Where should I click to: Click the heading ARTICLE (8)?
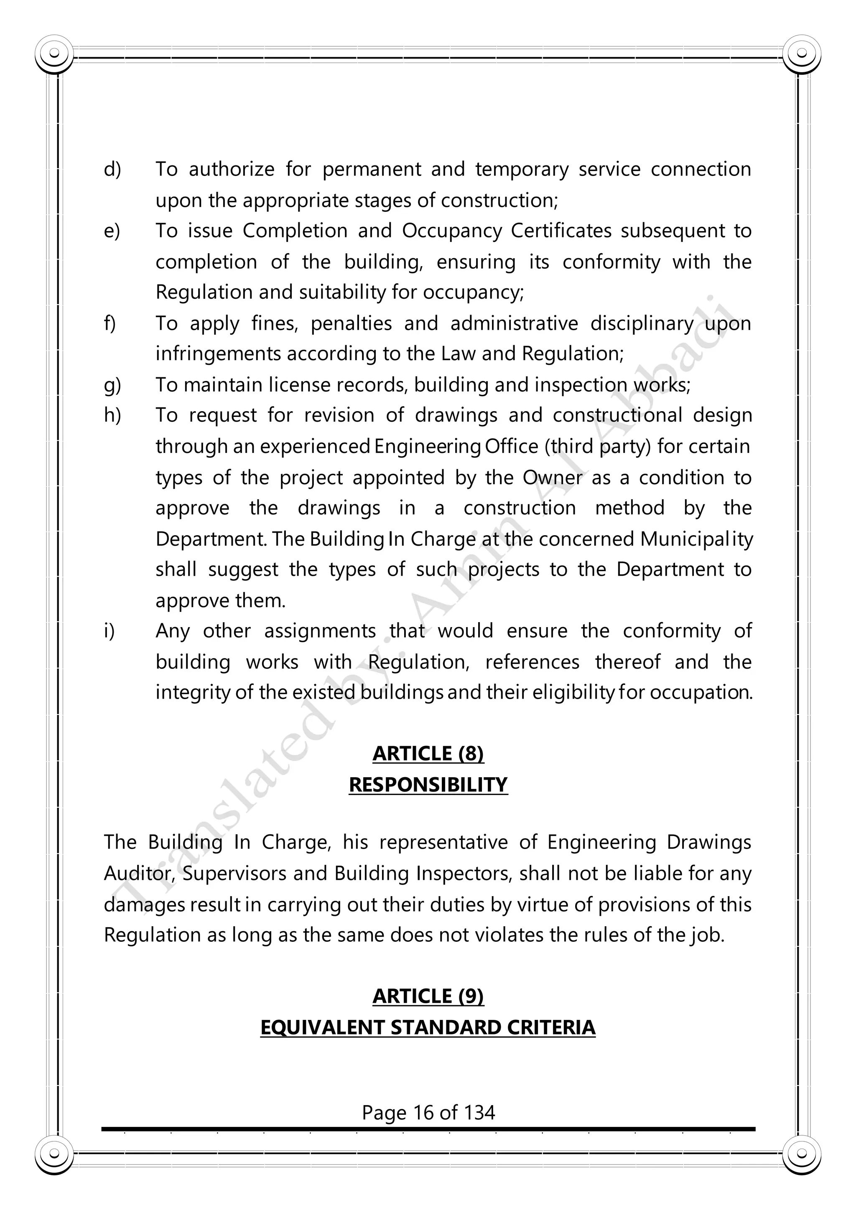pyautogui.click(x=428, y=754)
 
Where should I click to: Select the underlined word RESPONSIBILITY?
pyautogui.click(x=428, y=785)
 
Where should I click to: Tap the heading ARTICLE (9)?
pyautogui.click(x=428, y=996)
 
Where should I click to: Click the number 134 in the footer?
pyautogui.click(x=479, y=1113)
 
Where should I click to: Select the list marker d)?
pyautogui.click(x=112, y=170)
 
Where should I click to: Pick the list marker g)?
pyautogui.click(x=112, y=385)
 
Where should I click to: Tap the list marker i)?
pyautogui.click(x=109, y=631)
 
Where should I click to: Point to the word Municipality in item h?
pyautogui.click(x=696, y=539)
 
